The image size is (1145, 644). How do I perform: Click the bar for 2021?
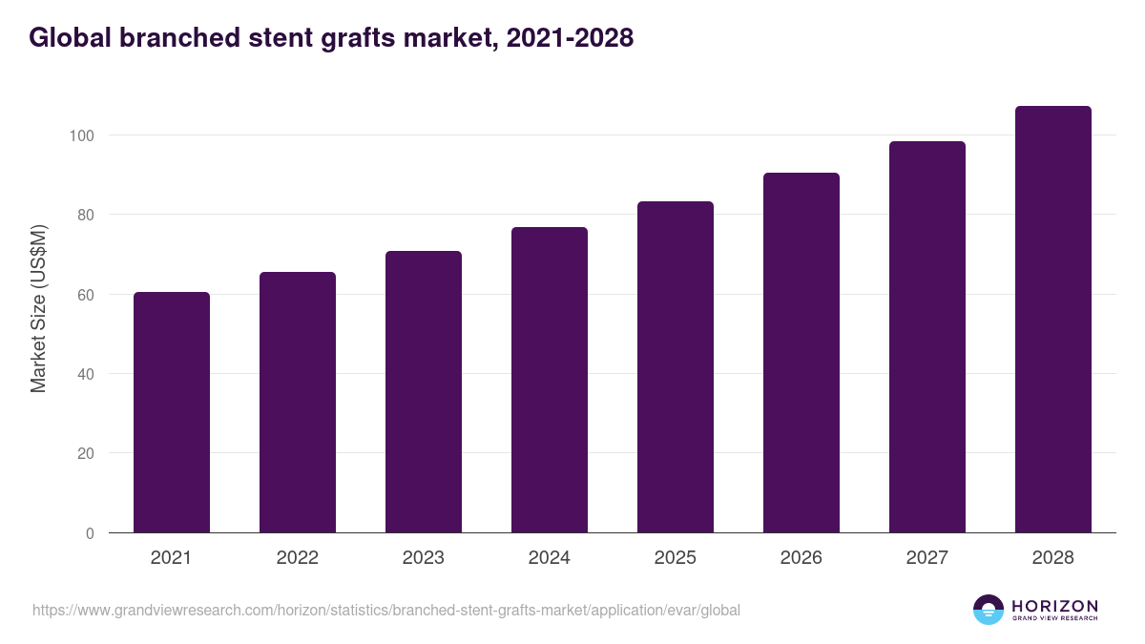click(x=172, y=412)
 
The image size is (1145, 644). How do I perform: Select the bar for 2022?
click(x=298, y=402)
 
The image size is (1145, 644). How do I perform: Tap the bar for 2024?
click(x=550, y=380)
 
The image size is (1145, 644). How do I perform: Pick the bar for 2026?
click(x=801, y=353)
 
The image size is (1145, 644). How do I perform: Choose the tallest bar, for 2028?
click(x=1053, y=320)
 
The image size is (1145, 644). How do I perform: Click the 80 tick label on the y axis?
click(x=85, y=215)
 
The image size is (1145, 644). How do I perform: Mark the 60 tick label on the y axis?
click(x=85, y=295)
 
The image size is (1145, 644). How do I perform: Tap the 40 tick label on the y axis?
click(x=85, y=374)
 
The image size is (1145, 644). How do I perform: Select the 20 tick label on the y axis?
click(x=85, y=454)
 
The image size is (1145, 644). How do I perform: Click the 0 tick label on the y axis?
click(x=90, y=533)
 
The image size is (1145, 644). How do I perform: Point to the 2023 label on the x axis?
click(x=424, y=558)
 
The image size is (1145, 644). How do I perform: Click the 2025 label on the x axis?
click(x=676, y=558)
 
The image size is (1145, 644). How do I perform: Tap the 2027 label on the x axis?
click(x=927, y=558)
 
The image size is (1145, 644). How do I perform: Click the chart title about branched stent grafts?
click(x=331, y=38)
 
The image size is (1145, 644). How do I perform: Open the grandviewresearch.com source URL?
click(x=385, y=610)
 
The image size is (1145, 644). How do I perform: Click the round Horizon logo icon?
click(x=988, y=610)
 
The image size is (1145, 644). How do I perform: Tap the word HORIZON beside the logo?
click(x=1054, y=605)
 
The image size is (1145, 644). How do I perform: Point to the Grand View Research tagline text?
click(x=1054, y=619)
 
